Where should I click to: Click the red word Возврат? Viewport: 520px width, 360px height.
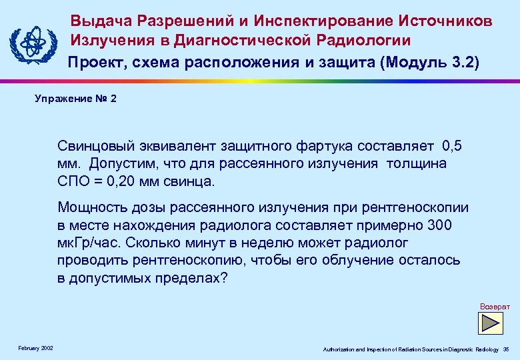495,306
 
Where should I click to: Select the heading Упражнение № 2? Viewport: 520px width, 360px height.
75,99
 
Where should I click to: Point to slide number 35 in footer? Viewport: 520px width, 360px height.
506,349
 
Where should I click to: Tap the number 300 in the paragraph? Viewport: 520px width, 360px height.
436,225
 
